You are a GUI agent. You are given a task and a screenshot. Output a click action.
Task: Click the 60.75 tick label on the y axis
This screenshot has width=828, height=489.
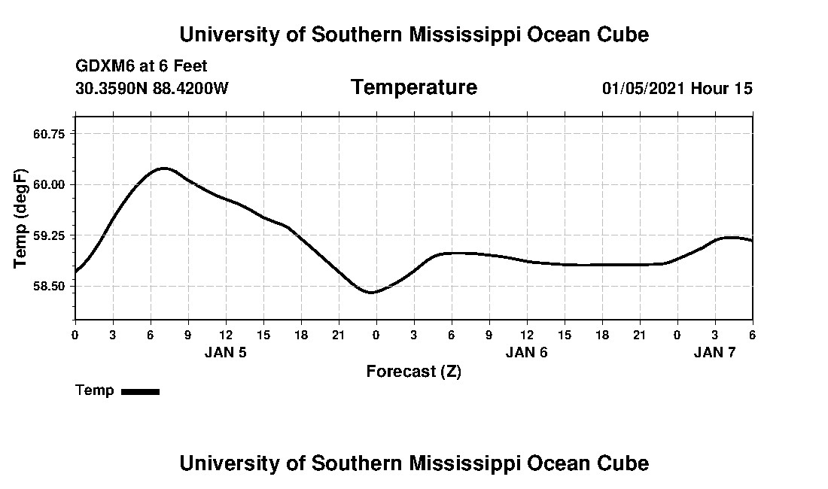[50, 134]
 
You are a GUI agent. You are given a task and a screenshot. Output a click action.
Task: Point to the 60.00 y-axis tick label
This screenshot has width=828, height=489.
[50, 184]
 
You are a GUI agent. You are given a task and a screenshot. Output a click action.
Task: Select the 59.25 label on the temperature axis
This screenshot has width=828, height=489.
[50, 235]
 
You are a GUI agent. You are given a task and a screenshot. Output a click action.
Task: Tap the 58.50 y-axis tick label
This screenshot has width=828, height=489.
[50, 287]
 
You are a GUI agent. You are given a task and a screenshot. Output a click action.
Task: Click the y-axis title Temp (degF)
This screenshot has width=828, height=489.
[21, 218]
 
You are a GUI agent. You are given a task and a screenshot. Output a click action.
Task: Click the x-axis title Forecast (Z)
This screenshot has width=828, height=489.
[413, 372]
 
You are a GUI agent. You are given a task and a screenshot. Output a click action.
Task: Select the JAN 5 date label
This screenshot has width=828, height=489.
[225, 353]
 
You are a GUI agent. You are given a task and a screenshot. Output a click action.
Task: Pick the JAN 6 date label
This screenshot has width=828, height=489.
[526, 353]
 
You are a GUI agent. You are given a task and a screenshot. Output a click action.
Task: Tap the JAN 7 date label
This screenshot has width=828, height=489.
[714, 353]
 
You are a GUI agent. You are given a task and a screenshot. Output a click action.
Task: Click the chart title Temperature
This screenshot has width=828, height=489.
[413, 88]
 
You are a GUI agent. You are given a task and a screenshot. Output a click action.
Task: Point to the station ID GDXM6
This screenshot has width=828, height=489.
[102, 66]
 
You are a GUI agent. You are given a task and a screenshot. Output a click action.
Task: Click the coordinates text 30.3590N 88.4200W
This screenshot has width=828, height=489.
[152, 89]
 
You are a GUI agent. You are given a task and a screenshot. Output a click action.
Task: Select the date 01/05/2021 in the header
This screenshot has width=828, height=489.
[644, 89]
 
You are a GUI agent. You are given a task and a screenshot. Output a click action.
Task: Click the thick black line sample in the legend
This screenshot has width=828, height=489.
[140, 391]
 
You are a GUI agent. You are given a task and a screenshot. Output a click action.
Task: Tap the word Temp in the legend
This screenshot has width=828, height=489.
[95, 390]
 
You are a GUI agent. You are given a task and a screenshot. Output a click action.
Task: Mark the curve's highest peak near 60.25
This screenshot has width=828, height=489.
[164, 168]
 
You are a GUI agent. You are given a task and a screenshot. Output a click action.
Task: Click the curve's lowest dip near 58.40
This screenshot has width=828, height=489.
[372, 293]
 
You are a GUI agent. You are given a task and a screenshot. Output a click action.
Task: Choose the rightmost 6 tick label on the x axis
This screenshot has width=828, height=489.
[752, 335]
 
